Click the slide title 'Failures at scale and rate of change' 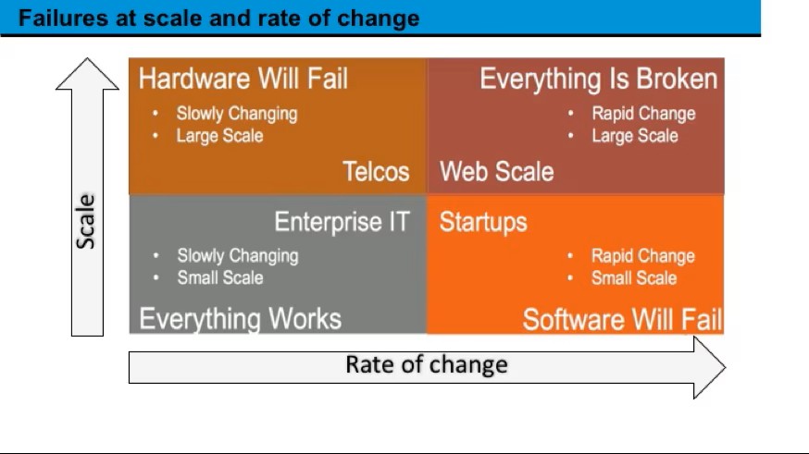click(x=218, y=18)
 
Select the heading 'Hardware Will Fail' click(x=243, y=79)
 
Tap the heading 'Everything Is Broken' click(x=599, y=79)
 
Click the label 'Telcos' click(x=376, y=171)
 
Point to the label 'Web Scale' click(x=496, y=171)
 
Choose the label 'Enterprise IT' click(x=342, y=222)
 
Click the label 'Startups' click(x=483, y=222)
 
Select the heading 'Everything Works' click(x=241, y=318)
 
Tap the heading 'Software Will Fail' click(x=622, y=320)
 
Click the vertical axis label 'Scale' click(x=86, y=222)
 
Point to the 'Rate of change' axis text click(x=427, y=364)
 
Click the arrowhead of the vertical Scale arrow click(x=87, y=73)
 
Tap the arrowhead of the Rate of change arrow click(x=710, y=367)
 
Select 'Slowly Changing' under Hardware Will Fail click(x=237, y=114)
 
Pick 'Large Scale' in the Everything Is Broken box click(x=635, y=136)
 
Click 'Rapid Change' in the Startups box click(x=643, y=255)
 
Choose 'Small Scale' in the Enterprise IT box click(x=220, y=277)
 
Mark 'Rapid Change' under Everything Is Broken click(x=643, y=114)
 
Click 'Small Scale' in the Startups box click(x=634, y=278)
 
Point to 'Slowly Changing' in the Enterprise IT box click(x=238, y=255)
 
